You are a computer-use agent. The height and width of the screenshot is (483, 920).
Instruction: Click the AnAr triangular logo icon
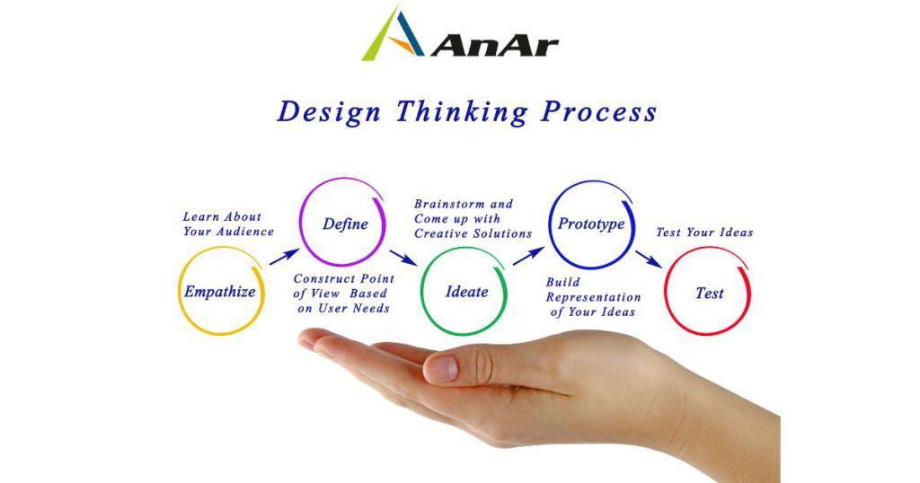[x=392, y=34]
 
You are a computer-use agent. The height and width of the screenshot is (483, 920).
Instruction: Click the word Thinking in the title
[x=461, y=112]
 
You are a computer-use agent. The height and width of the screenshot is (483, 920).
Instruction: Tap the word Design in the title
[x=329, y=112]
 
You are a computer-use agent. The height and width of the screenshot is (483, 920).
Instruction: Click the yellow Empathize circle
[x=179, y=291]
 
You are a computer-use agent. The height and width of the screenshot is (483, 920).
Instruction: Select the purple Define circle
[x=300, y=223]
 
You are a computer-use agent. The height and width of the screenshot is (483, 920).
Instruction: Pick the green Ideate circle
[x=421, y=291]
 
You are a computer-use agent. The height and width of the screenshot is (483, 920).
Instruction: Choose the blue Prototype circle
[x=549, y=224]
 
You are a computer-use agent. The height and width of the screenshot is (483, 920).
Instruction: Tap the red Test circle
[x=665, y=291]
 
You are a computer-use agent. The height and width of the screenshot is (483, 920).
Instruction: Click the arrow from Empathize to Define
[x=284, y=257]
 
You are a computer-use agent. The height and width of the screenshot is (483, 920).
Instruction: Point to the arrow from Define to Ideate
[x=403, y=258]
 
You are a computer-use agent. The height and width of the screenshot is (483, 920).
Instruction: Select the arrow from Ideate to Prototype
[x=528, y=256]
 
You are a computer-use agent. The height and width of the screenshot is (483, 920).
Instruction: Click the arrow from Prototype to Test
[x=649, y=259]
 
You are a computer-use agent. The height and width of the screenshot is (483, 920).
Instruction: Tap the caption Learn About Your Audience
[x=228, y=224]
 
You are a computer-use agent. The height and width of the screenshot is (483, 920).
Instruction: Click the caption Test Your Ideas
[x=704, y=233]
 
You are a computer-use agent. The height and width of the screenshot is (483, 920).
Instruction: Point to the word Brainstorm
[x=451, y=204]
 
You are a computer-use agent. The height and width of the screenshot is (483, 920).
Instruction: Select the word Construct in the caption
[x=324, y=279]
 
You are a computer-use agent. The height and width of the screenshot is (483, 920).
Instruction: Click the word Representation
[x=593, y=298]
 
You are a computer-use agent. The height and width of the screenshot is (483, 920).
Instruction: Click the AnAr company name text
[x=495, y=46]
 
